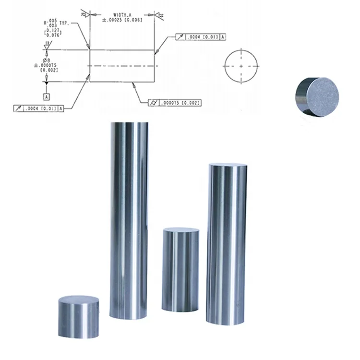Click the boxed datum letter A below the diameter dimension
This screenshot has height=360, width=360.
point(47,96)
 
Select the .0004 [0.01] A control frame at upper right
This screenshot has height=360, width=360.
point(201,36)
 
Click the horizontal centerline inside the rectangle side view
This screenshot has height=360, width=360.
point(122,66)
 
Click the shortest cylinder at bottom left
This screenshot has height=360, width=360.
point(79,317)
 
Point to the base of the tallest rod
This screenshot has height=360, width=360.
point(128,314)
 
